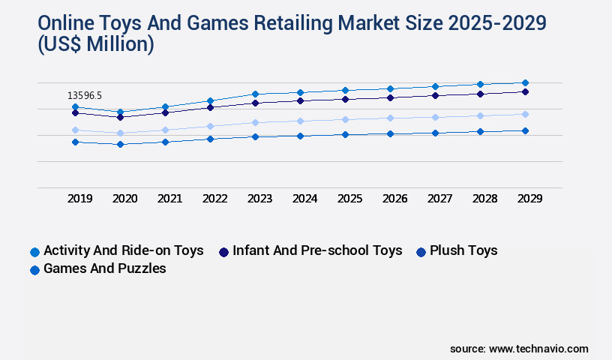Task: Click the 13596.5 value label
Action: tap(84, 95)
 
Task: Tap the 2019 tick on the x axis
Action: tap(79, 199)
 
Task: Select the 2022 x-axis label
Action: tap(214, 199)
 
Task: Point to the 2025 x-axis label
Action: tap(349, 199)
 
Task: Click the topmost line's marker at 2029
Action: tap(525, 82)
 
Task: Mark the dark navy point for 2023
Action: tap(255, 103)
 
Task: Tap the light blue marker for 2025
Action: tap(345, 119)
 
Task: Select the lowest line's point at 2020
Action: tap(120, 144)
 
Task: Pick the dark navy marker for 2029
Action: tap(525, 91)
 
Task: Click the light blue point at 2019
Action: tap(75, 130)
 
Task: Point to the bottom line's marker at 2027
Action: tap(435, 133)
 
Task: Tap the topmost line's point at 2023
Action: tap(255, 94)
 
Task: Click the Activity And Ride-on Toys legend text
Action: tap(124, 250)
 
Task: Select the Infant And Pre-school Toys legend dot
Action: tap(223, 252)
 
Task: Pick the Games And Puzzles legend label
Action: tap(105, 268)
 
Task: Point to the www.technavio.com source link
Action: tap(538, 349)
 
